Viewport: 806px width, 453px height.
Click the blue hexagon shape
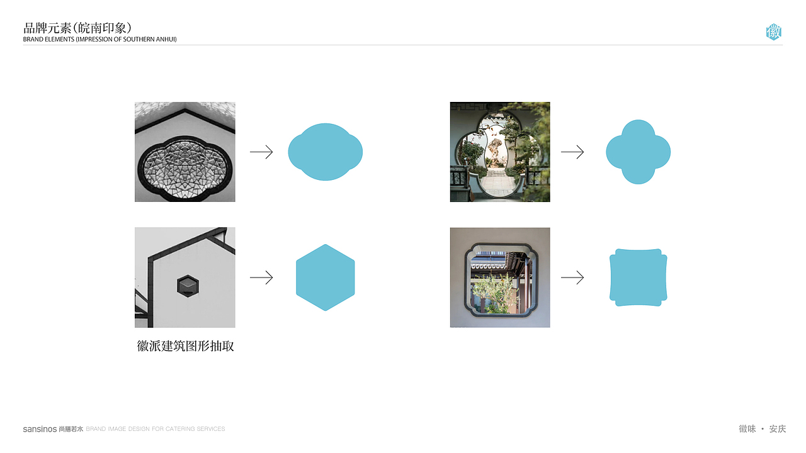pos(326,277)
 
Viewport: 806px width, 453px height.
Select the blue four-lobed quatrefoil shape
pos(638,152)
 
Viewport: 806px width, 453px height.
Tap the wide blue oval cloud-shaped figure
pos(326,152)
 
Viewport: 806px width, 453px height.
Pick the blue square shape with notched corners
pos(638,277)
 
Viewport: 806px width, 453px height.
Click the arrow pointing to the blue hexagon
pos(261,277)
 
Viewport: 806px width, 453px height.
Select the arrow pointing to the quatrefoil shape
pos(572,152)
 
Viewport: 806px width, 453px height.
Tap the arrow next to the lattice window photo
pos(261,152)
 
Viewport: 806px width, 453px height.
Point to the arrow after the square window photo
pos(572,277)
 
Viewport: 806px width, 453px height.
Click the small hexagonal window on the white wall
pos(188,286)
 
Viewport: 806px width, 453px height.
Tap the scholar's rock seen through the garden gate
pos(494,151)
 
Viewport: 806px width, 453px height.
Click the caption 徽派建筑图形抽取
pos(185,346)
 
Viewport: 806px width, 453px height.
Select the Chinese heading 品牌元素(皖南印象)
pos(77,28)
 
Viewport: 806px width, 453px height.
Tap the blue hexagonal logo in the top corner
pos(774,32)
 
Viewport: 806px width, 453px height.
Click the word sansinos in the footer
pos(40,429)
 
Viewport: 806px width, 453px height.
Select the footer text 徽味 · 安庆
pos(763,428)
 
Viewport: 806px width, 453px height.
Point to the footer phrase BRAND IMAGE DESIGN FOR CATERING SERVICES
pos(156,429)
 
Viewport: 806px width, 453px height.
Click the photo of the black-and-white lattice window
pos(185,152)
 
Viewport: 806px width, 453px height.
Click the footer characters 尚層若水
pos(71,429)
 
